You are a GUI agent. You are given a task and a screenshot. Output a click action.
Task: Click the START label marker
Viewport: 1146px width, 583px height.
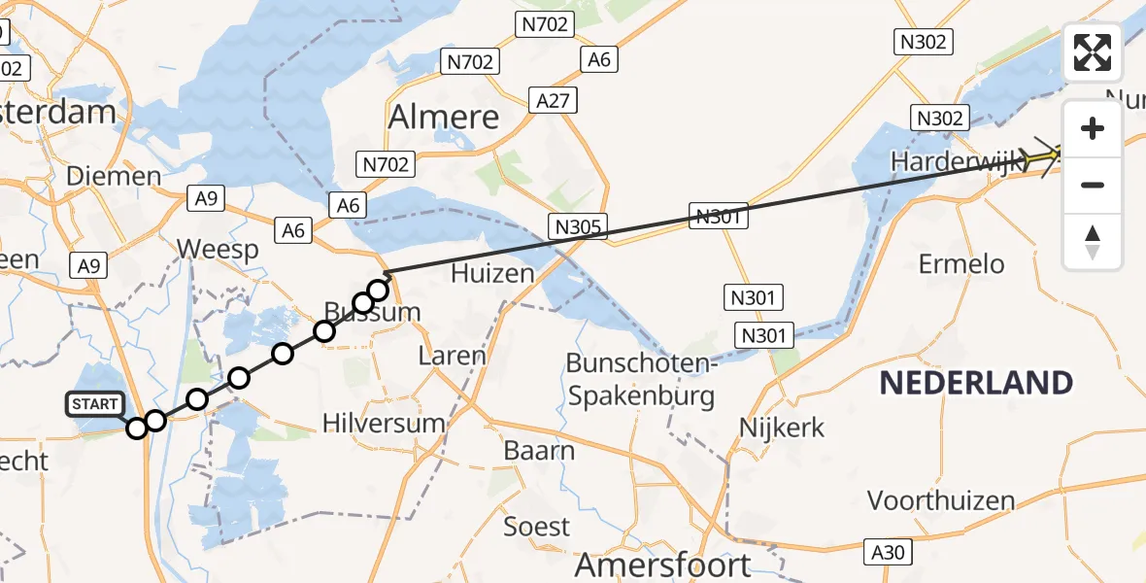(95, 404)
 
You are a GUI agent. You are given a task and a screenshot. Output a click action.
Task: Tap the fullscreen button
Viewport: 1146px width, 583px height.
(1093, 52)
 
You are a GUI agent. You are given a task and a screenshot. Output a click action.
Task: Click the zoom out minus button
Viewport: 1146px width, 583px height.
(1093, 185)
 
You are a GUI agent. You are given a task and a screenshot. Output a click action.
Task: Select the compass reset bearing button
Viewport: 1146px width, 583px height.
(1093, 242)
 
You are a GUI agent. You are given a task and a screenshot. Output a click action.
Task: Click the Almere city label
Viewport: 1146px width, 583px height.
(444, 118)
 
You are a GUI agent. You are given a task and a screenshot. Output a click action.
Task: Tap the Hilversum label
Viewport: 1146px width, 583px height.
(385, 424)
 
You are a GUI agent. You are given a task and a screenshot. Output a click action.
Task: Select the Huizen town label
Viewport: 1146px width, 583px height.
(492, 274)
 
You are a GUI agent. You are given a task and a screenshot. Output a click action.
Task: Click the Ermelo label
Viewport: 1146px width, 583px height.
(962, 263)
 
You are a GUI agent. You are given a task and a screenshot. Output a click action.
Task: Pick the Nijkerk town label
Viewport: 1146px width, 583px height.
(782, 427)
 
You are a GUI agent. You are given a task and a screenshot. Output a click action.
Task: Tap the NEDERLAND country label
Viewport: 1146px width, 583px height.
(976, 383)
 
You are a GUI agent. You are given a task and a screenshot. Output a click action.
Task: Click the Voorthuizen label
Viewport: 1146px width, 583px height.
(941, 501)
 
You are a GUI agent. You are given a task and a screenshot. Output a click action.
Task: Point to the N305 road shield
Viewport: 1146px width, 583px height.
(577, 227)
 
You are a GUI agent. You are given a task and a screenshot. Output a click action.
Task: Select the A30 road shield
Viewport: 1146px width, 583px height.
(888, 553)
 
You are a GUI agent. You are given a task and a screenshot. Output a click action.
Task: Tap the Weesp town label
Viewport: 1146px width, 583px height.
(219, 250)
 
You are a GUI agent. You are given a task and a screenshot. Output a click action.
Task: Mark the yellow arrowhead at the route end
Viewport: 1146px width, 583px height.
(1052, 154)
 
